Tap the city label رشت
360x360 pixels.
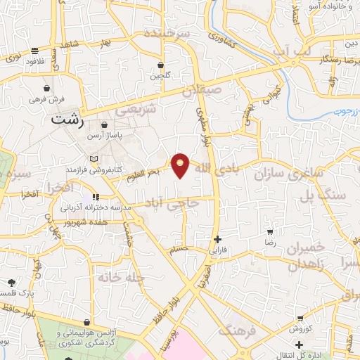click(67, 120)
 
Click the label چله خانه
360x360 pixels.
click(121, 278)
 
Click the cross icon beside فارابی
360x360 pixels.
click(217, 239)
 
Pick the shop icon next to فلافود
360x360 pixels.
click(34, 50)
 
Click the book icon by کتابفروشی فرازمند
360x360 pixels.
click(85, 159)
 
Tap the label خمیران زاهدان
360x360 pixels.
click(309, 255)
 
